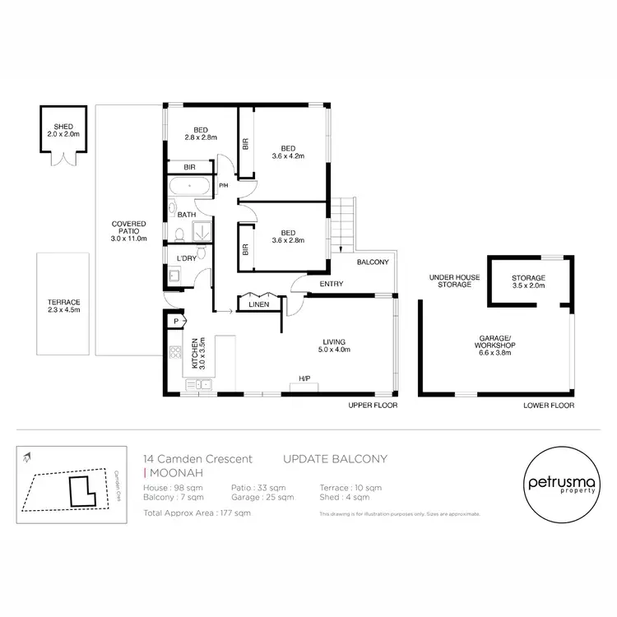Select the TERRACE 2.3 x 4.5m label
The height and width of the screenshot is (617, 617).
(63, 306)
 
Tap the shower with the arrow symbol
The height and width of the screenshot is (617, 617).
(202, 233)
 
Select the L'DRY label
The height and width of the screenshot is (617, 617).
(187, 258)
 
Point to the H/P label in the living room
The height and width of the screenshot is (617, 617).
(304, 379)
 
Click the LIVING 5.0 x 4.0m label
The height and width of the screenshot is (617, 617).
(334, 346)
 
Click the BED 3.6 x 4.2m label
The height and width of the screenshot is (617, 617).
(288, 152)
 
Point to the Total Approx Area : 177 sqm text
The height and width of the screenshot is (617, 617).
(197, 513)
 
